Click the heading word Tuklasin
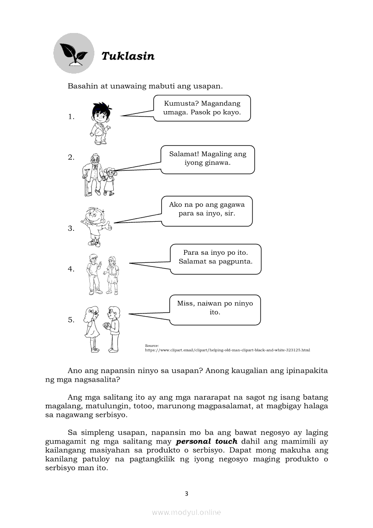coord(128,56)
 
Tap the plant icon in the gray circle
coord(74,53)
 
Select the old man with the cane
coord(93,174)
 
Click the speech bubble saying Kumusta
coord(202,108)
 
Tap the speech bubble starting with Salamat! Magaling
coord(208,159)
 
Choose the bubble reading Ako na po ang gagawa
coord(207,210)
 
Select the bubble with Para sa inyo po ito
coord(215,258)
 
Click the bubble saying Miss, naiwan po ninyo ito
coord(215,309)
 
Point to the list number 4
coord(71,269)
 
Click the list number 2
coord(71,157)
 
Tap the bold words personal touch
coord(207,441)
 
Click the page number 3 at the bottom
coord(186,493)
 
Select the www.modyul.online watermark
coord(186,512)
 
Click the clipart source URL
coord(227,350)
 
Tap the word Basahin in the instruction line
coord(82,86)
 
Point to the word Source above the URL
coord(152,346)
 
